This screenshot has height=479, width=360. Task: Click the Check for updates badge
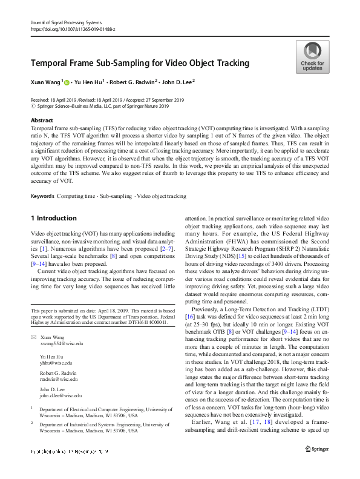coord(312,57)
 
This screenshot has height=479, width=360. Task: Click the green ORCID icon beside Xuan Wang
coord(67,81)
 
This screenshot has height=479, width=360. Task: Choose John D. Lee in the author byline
coord(177,81)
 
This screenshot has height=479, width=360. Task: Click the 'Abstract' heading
coord(41,121)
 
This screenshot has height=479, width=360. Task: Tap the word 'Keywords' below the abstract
coord(42,196)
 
